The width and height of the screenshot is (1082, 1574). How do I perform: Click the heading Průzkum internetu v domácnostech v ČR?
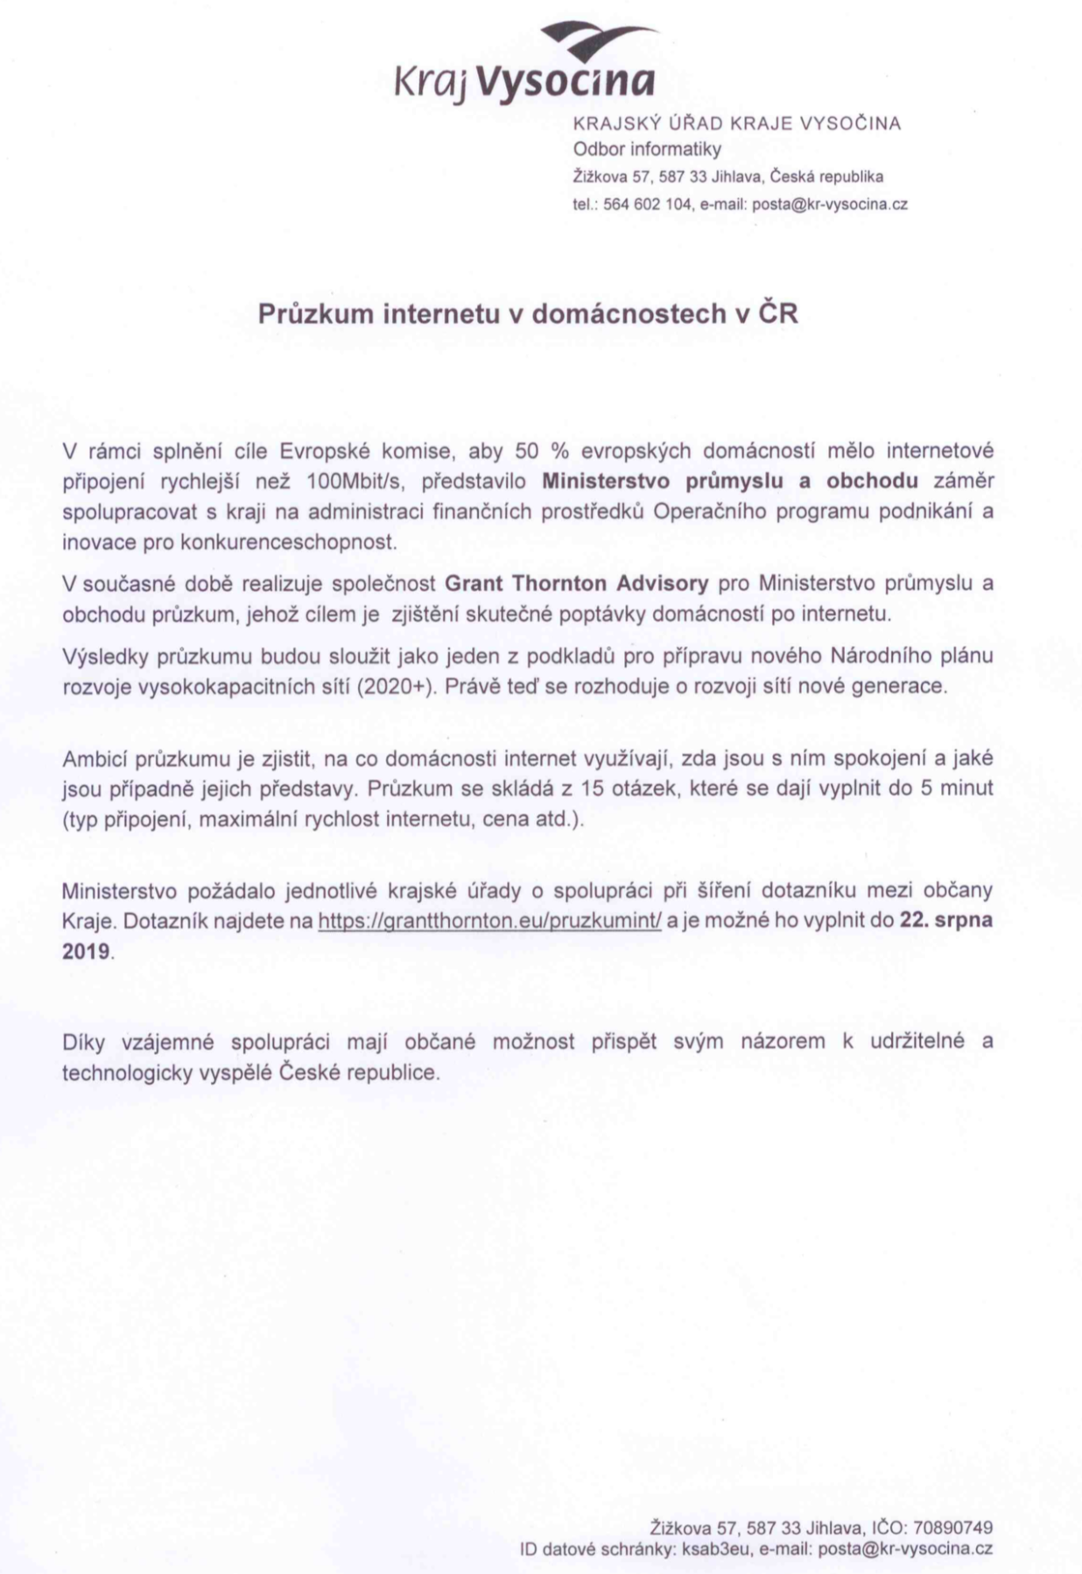(528, 313)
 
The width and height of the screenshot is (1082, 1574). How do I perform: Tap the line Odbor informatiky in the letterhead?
(646, 149)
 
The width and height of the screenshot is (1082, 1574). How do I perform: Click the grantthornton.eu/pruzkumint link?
(489, 921)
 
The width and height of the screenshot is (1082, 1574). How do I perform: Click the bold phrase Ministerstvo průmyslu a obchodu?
(730, 481)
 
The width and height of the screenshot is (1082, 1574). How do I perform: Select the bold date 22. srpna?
(946, 921)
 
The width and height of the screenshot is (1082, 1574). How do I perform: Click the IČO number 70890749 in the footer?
(952, 1528)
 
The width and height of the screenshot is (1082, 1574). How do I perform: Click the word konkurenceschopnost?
(288, 542)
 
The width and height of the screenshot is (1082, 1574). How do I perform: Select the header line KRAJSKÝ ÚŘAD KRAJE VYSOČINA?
(736, 123)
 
